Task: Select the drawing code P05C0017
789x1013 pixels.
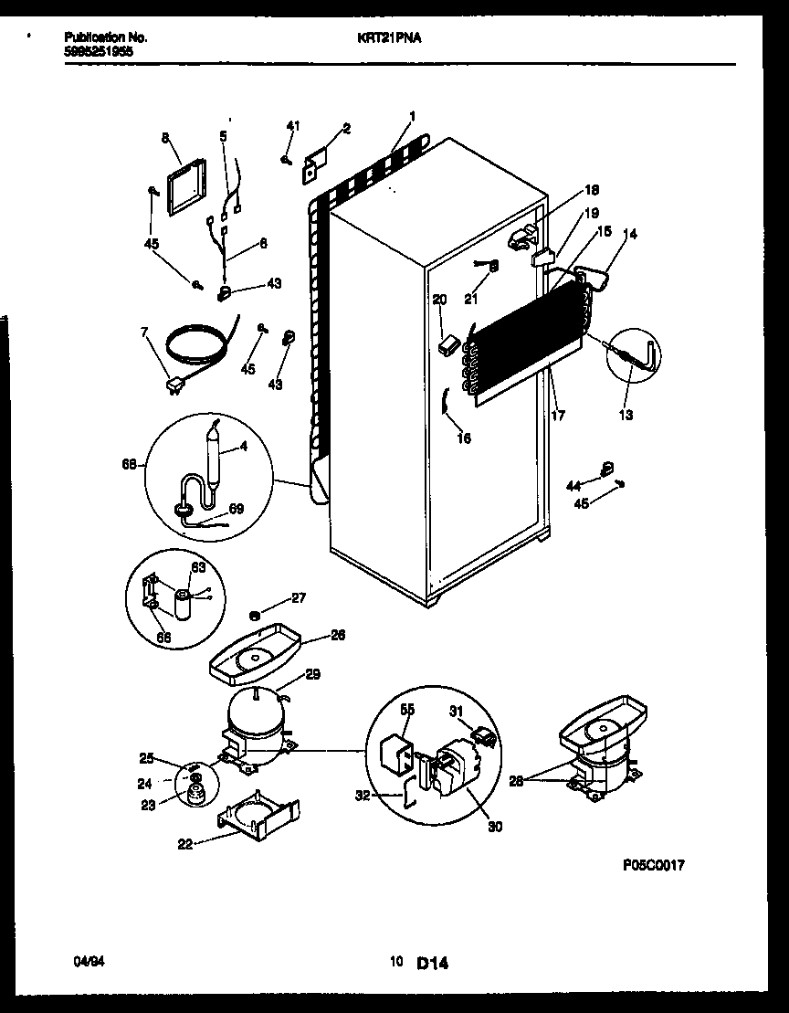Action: coord(654,864)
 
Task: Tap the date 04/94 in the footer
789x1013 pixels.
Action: coord(84,962)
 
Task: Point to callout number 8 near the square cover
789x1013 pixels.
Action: coord(165,138)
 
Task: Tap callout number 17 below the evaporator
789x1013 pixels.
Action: coord(558,416)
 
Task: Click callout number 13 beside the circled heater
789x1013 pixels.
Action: coord(626,415)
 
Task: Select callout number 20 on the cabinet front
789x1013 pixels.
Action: coord(439,299)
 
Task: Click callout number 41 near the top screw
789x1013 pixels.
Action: coord(292,125)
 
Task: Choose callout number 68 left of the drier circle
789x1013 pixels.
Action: coord(130,465)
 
